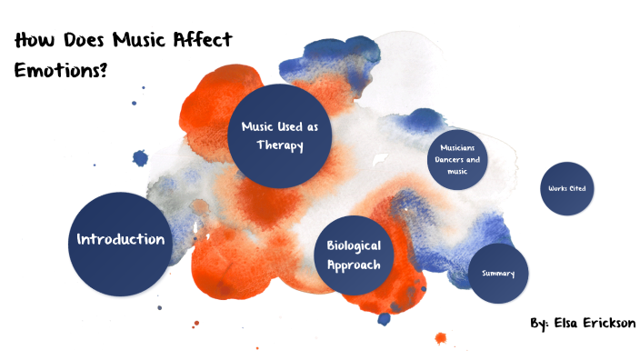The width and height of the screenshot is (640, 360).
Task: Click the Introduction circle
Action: point(119,240)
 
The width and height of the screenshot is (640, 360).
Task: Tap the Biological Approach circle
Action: point(354,255)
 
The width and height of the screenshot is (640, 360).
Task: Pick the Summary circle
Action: point(498,274)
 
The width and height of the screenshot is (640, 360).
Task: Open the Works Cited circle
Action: point(567,189)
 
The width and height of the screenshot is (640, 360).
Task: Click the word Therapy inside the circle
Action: point(279,145)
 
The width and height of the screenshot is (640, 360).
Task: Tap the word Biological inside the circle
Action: point(354,246)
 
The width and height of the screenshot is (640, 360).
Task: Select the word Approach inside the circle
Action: point(354,265)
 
